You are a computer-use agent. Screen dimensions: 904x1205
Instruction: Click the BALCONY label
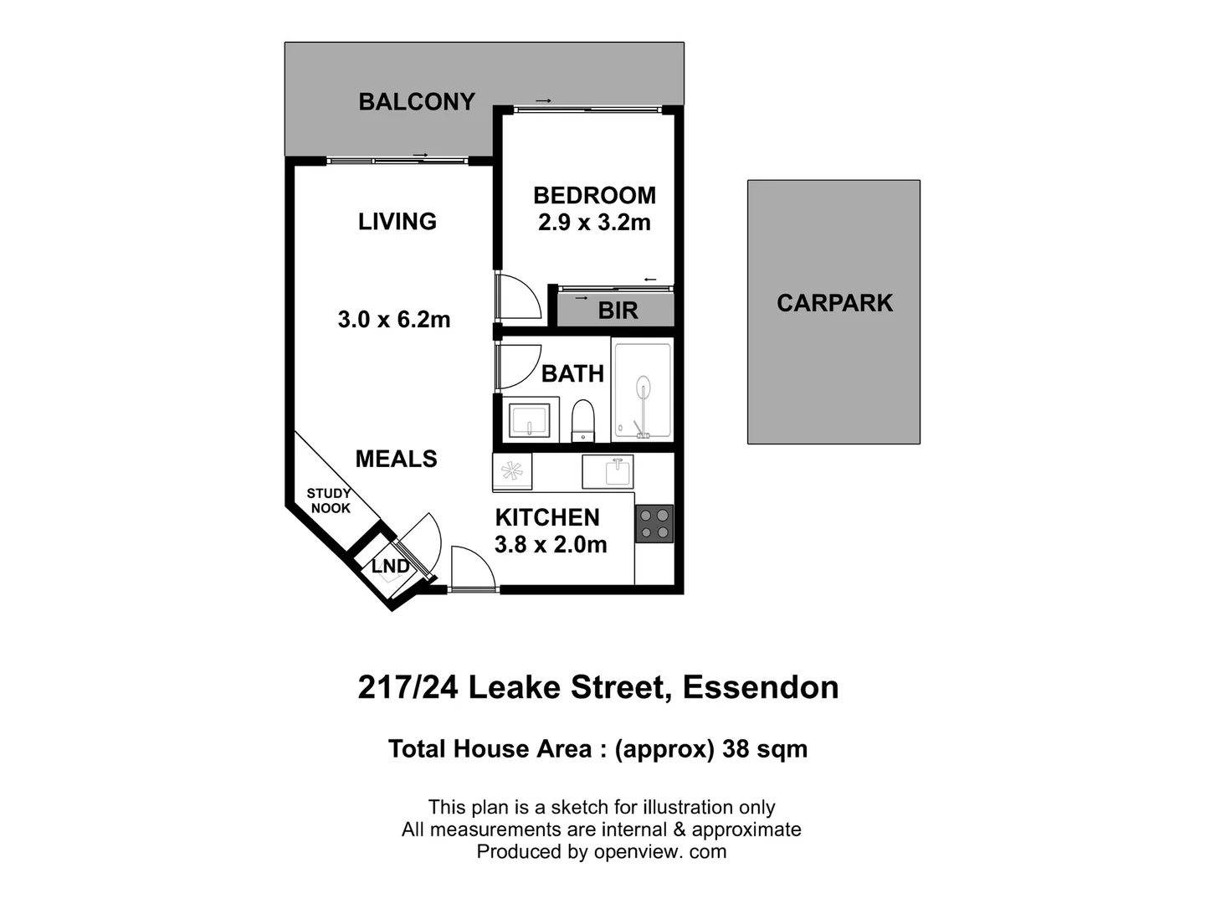click(417, 102)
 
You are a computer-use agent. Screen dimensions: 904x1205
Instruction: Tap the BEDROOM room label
click(594, 196)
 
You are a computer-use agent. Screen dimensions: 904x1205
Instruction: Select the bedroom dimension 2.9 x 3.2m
click(594, 223)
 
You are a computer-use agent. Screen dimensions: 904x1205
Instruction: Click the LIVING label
click(397, 222)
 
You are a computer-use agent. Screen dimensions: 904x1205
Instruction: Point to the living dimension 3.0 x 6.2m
click(394, 320)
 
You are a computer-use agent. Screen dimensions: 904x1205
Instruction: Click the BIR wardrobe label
click(618, 311)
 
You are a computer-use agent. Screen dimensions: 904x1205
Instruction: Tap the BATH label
click(572, 373)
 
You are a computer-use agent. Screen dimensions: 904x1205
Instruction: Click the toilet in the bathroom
click(582, 419)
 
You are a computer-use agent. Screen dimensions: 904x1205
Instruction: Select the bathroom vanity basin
click(530, 419)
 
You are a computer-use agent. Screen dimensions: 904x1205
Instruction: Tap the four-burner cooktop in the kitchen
click(654, 524)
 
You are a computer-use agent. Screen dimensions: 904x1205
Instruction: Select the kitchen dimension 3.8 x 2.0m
click(551, 545)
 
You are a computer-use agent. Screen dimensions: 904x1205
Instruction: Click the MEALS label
click(397, 459)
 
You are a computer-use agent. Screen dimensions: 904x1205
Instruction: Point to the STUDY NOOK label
click(330, 501)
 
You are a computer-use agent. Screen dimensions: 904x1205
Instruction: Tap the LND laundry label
click(390, 567)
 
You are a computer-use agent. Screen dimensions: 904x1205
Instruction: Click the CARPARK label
click(834, 303)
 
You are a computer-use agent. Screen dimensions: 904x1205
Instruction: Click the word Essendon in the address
click(761, 687)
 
